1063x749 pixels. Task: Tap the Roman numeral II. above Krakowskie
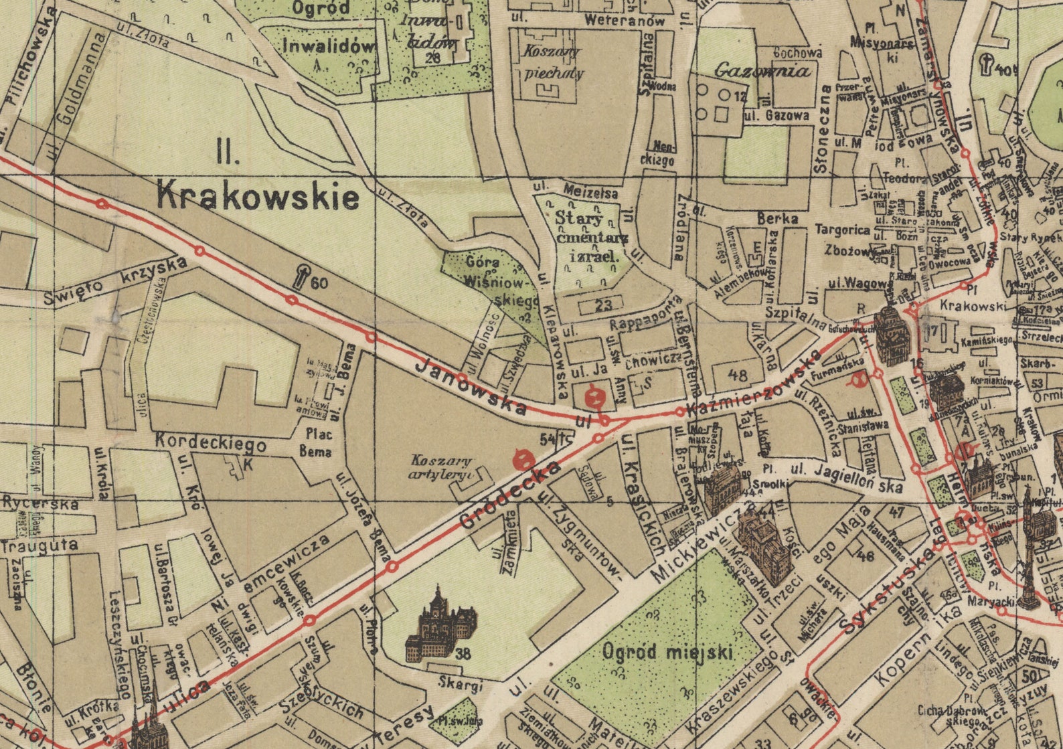[x=228, y=155]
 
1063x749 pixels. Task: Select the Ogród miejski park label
[x=667, y=651]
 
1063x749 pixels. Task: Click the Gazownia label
[x=762, y=70]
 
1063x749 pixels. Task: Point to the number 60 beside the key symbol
[x=319, y=283]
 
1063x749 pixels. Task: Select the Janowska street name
[x=471, y=386]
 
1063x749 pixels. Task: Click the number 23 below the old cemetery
[x=603, y=305]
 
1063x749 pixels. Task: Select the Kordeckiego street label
[x=210, y=443]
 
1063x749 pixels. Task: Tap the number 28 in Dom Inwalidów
[x=432, y=58]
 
